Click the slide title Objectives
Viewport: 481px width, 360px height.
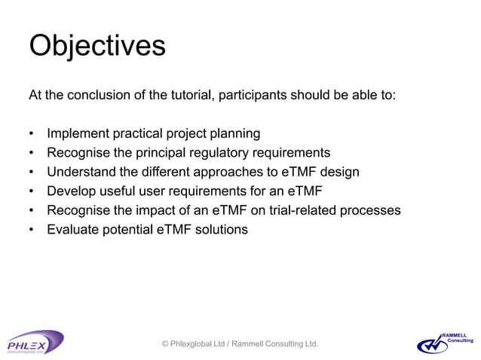pos(97,47)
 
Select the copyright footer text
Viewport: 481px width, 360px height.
pos(240,344)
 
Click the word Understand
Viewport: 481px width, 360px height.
pos(81,172)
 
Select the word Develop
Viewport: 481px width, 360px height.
pos(70,191)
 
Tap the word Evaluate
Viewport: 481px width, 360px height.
pos(73,230)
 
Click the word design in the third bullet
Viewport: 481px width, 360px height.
pos(339,172)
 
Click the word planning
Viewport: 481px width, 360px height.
pos(236,134)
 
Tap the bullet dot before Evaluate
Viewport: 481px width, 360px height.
pos(31,230)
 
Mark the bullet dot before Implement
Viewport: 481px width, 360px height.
pos(31,135)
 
